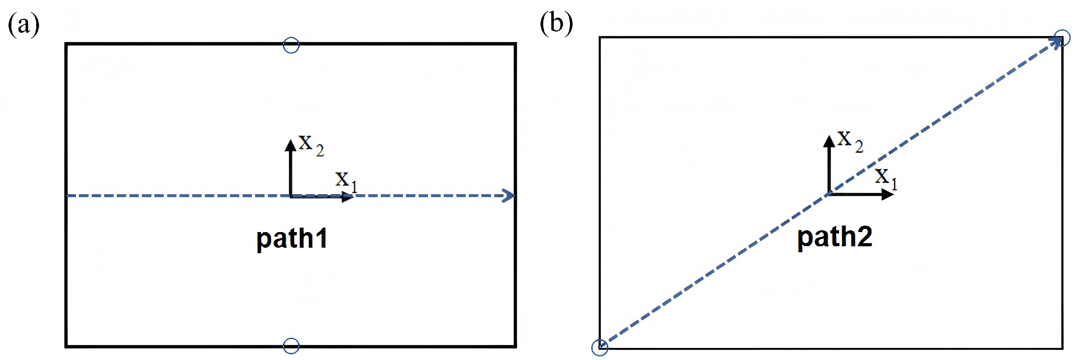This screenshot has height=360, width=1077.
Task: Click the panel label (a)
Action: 23,25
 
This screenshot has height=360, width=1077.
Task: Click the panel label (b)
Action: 556,23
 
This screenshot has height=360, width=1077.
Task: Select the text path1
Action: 291,239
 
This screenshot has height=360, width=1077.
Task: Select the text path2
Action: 835,237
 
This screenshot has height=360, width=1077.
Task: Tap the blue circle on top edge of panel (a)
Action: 291,45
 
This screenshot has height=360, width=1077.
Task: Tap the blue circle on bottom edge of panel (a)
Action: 291,346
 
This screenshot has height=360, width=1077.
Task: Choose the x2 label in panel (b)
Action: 850,141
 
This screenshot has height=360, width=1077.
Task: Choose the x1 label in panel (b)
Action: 885,178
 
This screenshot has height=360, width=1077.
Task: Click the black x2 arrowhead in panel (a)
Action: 290,145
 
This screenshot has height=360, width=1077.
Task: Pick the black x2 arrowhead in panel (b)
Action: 829,141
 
